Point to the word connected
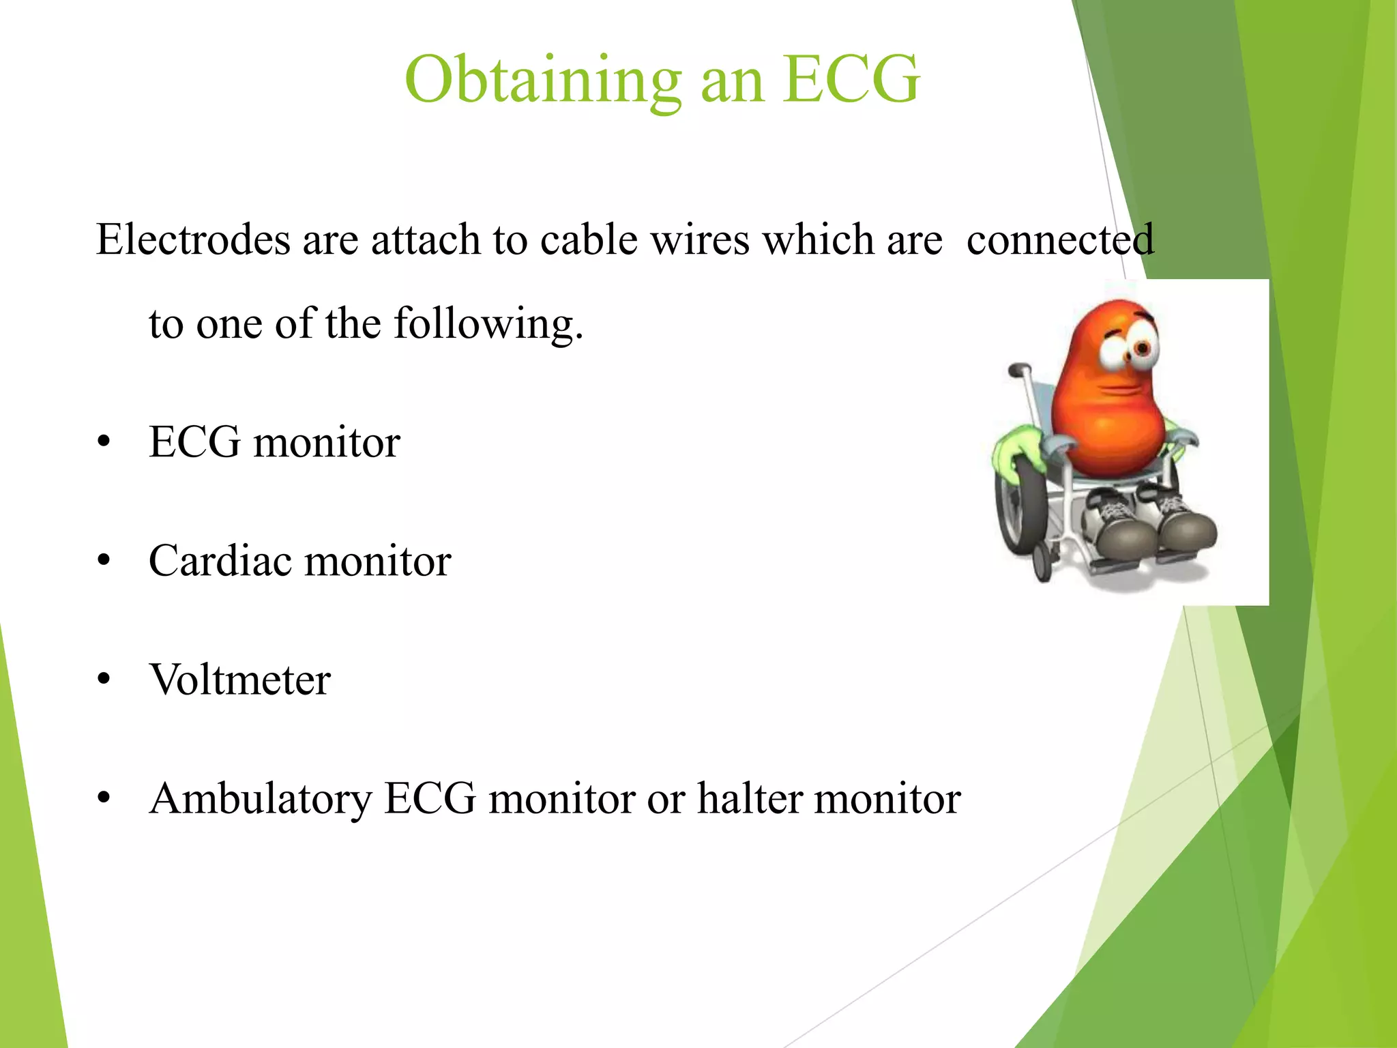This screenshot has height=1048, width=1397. (1060, 240)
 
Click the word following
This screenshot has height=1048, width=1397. (488, 324)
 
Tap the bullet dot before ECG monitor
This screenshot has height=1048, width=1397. (104, 442)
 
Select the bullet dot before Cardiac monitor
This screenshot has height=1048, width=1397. (104, 561)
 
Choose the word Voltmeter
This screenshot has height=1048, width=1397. (240, 680)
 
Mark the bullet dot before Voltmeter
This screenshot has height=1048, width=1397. (104, 680)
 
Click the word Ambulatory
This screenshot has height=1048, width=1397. (261, 798)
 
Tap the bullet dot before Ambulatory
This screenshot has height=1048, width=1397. (104, 798)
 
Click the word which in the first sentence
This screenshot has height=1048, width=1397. (818, 240)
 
